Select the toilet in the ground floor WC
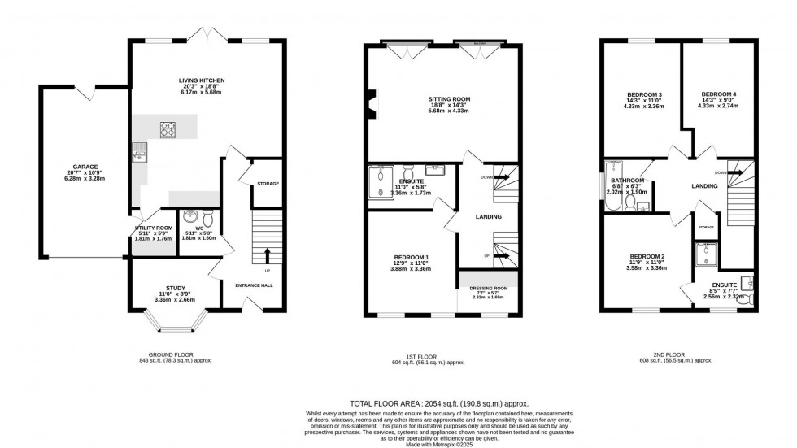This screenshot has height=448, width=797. (208, 219)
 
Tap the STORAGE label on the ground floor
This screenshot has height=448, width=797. (268, 184)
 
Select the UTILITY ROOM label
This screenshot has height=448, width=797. (153, 228)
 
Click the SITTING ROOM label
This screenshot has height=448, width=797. (450, 99)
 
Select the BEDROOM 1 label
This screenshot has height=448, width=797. (410, 259)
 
